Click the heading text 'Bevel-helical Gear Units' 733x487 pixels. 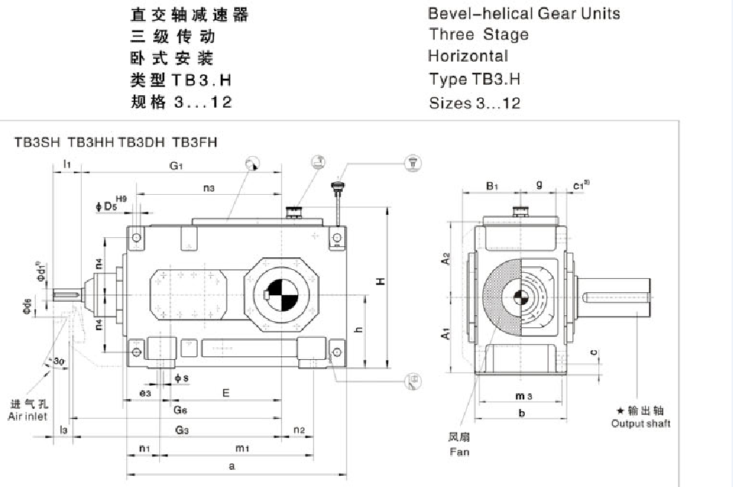(523, 13)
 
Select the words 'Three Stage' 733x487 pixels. (479, 34)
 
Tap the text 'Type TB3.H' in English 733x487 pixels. (474, 79)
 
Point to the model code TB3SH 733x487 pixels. (38, 143)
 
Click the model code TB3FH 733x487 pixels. (195, 143)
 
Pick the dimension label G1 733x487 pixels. (175, 166)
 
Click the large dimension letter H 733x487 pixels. (380, 282)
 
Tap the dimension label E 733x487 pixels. (225, 392)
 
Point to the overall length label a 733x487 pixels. (232, 466)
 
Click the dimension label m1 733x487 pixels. (242, 448)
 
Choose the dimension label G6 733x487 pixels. (181, 410)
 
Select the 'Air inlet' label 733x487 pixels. (28, 417)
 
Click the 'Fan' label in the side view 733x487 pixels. (459, 451)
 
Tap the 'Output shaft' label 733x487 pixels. (641, 423)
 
